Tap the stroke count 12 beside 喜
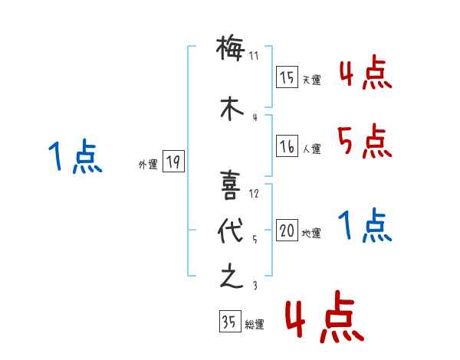(x=255, y=194)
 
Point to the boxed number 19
(x=173, y=162)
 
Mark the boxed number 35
(x=228, y=322)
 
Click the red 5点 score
(x=364, y=141)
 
